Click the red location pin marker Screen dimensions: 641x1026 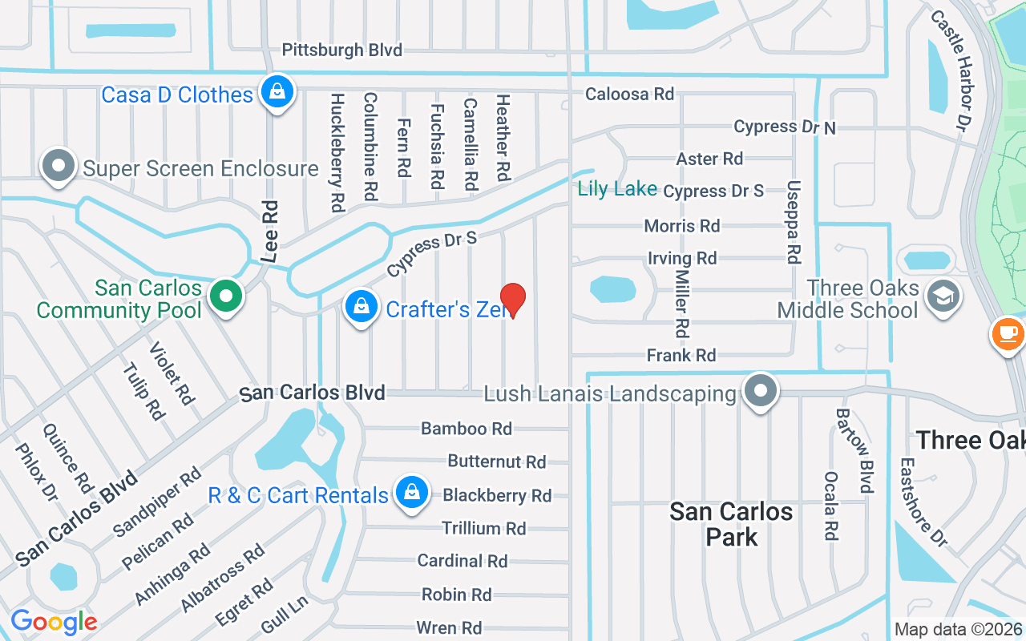click(513, 300)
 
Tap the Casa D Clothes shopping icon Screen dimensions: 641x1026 click(277, 92)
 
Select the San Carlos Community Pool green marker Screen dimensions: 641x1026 click(226, 296)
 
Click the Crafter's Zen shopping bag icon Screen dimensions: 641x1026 click(362, 307)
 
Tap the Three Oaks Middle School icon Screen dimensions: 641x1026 click(943, 296)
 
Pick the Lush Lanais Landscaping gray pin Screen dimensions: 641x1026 click(761, 391)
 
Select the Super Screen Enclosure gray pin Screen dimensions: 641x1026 click(59, 167)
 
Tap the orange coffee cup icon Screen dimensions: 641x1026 click(1008, 333)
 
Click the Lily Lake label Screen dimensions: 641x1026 click(617, 189)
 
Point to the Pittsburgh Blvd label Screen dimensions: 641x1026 click(341, 50)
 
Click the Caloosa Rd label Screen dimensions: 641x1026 click(629, 94)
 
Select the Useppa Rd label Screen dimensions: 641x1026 click(794, 221)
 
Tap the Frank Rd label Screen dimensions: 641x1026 click(681, 355)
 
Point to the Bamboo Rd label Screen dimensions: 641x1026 click(467, 429)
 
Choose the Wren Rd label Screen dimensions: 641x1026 click(449, 627)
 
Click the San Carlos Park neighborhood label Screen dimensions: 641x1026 click(731, 524)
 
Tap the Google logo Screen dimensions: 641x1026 click(54, 621)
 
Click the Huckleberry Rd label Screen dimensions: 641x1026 click(337, 152)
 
